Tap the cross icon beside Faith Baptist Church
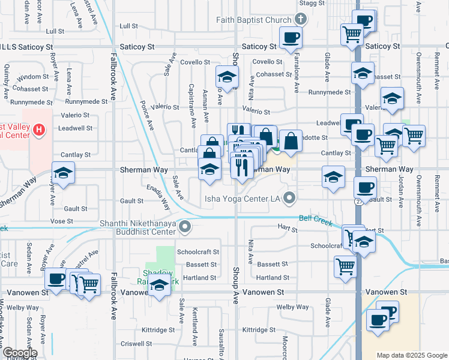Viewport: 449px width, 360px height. tap(301, 20)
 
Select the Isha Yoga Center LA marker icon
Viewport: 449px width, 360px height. tap(291, 197)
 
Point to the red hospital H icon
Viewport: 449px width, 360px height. tap(39, 129)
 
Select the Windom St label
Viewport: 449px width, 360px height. tap(32, 77)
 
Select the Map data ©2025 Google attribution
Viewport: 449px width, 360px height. tap(412, 355)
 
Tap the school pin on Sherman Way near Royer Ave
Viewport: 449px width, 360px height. tap(63, 173)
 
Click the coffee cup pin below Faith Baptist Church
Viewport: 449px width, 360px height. tap(291, 38)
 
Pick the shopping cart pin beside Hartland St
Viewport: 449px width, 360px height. tap(345, 266)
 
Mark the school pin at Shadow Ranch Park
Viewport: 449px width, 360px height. tap(159, 285)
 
